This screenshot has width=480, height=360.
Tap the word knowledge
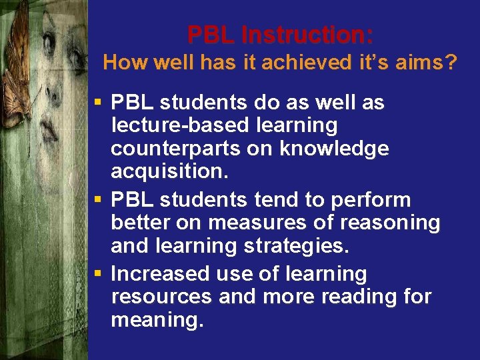point(334,149)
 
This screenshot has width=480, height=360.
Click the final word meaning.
point(157,320)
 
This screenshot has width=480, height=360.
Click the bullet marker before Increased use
point(98,273)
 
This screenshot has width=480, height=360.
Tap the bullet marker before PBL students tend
point(98,199)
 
